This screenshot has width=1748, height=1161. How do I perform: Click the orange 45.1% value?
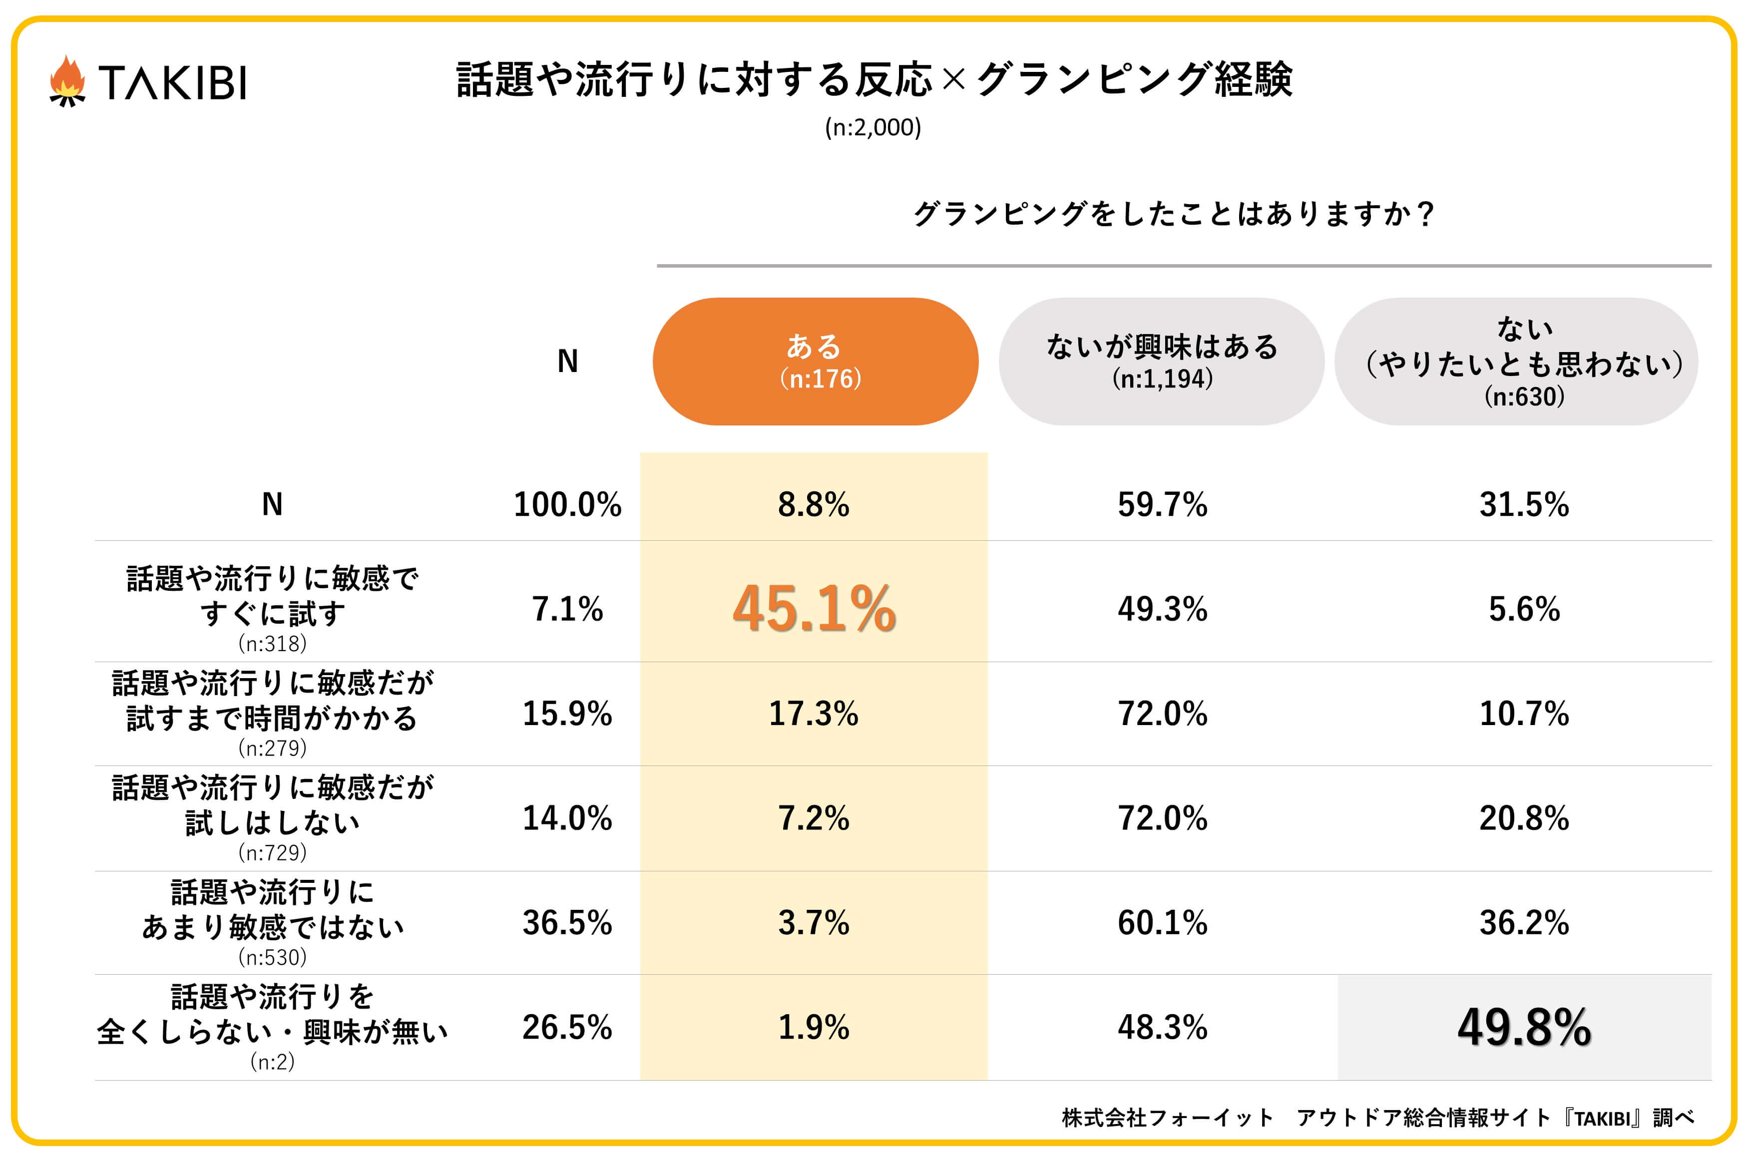pos(814,609)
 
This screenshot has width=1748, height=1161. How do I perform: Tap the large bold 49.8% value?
pos(1524,1027)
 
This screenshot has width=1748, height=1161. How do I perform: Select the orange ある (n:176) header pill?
pos(815,362)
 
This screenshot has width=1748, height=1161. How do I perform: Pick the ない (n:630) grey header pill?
pos(1516,362)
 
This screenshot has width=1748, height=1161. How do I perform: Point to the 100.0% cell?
pos(567,504)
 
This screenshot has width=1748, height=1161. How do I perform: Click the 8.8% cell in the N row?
pos(813,504)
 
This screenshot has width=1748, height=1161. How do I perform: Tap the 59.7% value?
pos(1162,504)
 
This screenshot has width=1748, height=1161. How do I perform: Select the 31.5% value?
pos(1524,504)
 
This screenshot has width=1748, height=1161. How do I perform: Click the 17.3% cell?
pos(813,714)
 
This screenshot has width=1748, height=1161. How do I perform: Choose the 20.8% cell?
pos(1524,818)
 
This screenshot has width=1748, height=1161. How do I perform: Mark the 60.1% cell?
pos(1162,923)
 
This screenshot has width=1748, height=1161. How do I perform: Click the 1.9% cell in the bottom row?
pos(813,1027)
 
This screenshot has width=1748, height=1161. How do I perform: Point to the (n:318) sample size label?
pos(273,644)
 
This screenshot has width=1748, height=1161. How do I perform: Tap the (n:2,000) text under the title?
pos(873,127)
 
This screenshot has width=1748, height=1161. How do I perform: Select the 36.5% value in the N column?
pos(567,923)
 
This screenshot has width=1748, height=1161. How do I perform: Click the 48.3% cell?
pos(1162,1027)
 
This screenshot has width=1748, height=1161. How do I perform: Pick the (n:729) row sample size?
pos(273,853)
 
